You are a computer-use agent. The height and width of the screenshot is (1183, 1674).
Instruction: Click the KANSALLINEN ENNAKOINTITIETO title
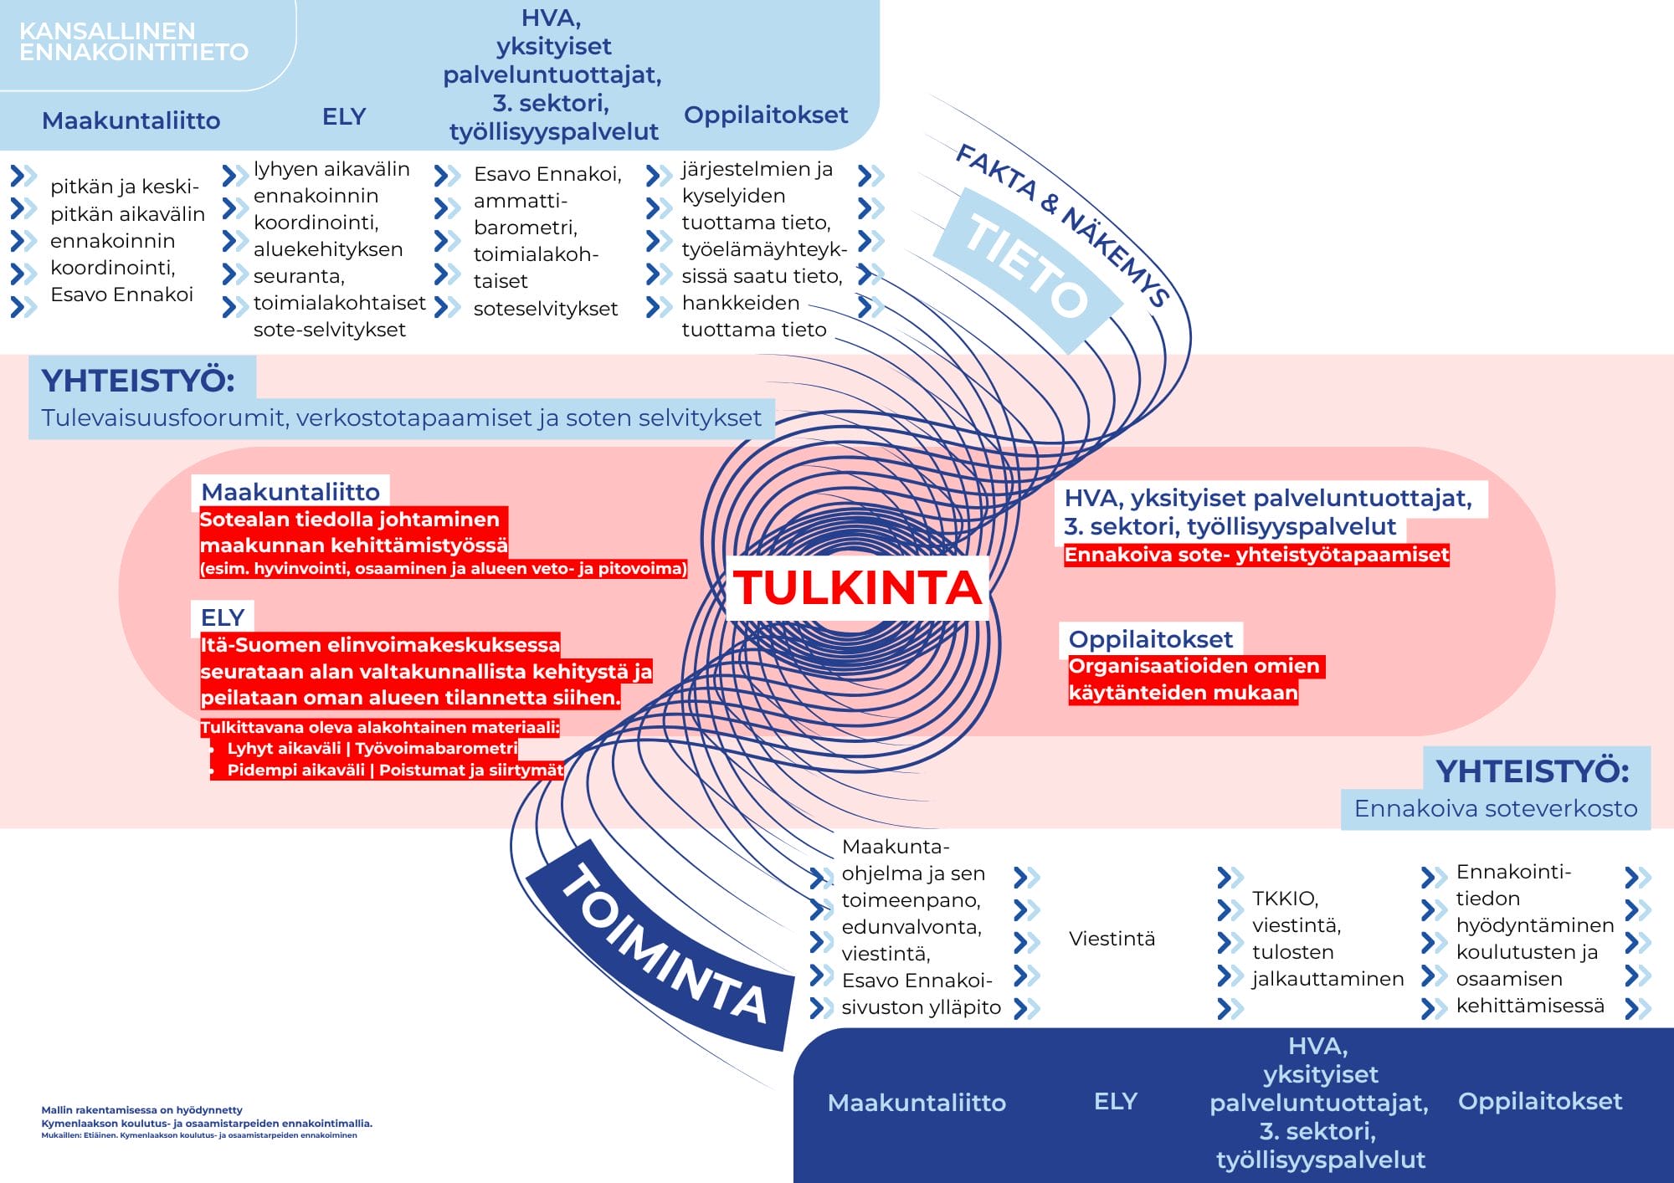click(134, 42)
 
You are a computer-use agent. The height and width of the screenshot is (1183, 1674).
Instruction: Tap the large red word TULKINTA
click(857, 587)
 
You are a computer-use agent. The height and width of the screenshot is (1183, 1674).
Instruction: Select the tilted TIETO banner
click(1027, 266)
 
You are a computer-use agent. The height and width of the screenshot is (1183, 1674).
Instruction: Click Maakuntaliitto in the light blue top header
click(131, 120)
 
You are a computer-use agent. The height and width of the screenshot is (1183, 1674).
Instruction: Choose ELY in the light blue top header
click(344, 116)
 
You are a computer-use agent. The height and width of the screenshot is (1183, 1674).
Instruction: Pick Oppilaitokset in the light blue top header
click(766, 115)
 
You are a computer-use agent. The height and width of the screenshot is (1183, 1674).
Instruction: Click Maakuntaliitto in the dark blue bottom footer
click(917, 1103)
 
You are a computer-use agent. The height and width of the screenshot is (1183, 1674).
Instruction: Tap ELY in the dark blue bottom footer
click(1116, 1101)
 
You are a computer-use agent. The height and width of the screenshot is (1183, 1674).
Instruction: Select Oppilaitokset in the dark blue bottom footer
click(1540, 1101)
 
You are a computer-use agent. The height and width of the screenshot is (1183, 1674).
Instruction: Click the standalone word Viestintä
click(1112, 939)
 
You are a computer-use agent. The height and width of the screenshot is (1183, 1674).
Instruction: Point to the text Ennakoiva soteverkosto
click(1496, 808)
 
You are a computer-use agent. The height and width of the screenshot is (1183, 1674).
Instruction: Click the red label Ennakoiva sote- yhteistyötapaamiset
click(1256, 555)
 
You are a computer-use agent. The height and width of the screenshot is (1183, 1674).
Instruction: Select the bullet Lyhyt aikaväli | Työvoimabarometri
click(372, 748)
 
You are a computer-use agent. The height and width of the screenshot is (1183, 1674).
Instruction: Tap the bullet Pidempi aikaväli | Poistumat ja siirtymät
click(395, 770)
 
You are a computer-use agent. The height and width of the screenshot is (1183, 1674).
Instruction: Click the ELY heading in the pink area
click(223, 617)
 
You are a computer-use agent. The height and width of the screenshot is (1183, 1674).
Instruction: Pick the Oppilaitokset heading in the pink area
click(1150, 639)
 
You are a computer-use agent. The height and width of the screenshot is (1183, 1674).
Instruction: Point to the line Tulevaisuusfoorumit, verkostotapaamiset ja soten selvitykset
click(402, 417)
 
